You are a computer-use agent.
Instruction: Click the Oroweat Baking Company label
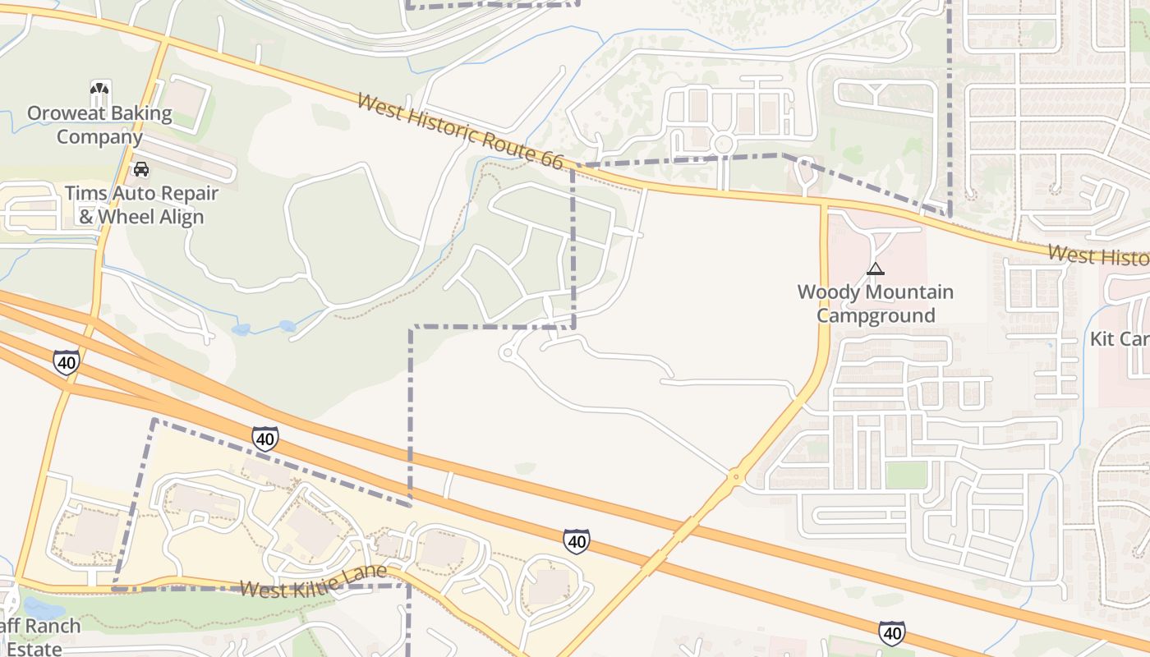point(99,125)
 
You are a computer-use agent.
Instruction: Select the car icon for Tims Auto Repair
point(141,169)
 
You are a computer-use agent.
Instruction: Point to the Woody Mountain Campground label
point(876,304)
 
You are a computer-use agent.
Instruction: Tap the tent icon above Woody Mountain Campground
point(876,269)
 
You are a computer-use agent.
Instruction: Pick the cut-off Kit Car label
point(1120,338)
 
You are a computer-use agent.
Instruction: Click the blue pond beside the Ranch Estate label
point(43,609)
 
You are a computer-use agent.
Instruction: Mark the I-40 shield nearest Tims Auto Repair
point(67,361)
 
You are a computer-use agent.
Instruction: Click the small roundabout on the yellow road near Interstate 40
point(734,476)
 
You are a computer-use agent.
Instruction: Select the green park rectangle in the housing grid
point(906,475)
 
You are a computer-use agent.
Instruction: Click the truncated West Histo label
point(1098,256)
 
